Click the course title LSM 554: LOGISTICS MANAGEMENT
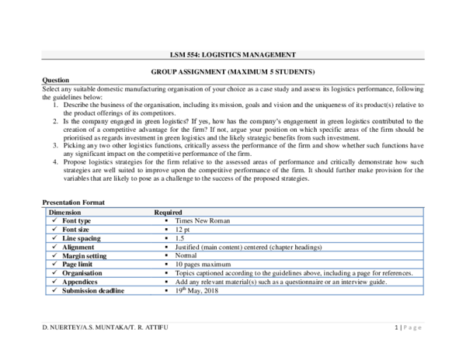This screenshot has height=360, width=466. (x=232, y=54)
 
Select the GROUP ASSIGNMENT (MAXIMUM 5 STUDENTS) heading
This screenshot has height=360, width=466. (x=232, y=71)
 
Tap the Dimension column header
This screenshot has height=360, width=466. (x=68, y=212)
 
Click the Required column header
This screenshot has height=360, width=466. (x=169, y=212)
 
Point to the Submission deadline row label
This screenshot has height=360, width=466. (x=92, y=291)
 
